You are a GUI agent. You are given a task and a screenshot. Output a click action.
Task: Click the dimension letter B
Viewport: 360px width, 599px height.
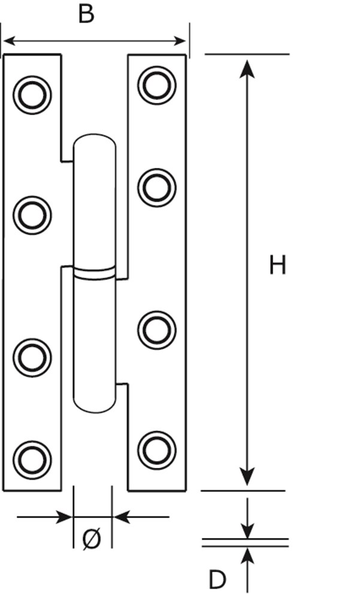[x=86, y=14]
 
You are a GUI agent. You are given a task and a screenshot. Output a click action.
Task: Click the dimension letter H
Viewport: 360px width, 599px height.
[x=277, y=265]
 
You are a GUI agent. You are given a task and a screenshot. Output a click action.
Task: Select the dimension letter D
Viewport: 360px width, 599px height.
[x=217, y=580]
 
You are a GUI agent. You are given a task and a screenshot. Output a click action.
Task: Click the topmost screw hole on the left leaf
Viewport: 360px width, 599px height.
[x=32, y=95]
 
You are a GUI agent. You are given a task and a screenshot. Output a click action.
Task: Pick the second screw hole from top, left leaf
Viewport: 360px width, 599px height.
[x=32, y=214]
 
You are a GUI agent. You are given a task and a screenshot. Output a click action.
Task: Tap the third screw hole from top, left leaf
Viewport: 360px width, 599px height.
[x=32, y=358]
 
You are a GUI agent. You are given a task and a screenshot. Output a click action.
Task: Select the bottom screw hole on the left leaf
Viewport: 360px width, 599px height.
[x=32, y=460]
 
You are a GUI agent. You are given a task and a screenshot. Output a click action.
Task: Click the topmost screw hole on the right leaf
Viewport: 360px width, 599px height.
[x=157, y=84]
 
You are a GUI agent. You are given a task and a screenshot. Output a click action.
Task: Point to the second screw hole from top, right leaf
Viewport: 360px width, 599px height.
[x=157, y=187]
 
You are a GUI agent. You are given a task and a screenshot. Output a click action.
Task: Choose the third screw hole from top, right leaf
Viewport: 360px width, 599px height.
[x=157, y=329]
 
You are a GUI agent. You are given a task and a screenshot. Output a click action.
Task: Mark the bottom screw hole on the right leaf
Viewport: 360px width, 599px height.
[x=157, y=450]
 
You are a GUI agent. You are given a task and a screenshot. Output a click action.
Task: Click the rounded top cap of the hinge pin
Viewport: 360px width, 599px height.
[x=94, y=144]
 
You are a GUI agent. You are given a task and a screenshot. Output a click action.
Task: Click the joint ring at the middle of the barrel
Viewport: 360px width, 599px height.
[x=94, y=273]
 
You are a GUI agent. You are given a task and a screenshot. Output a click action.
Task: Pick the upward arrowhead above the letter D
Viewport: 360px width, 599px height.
[x=247, y=555]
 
